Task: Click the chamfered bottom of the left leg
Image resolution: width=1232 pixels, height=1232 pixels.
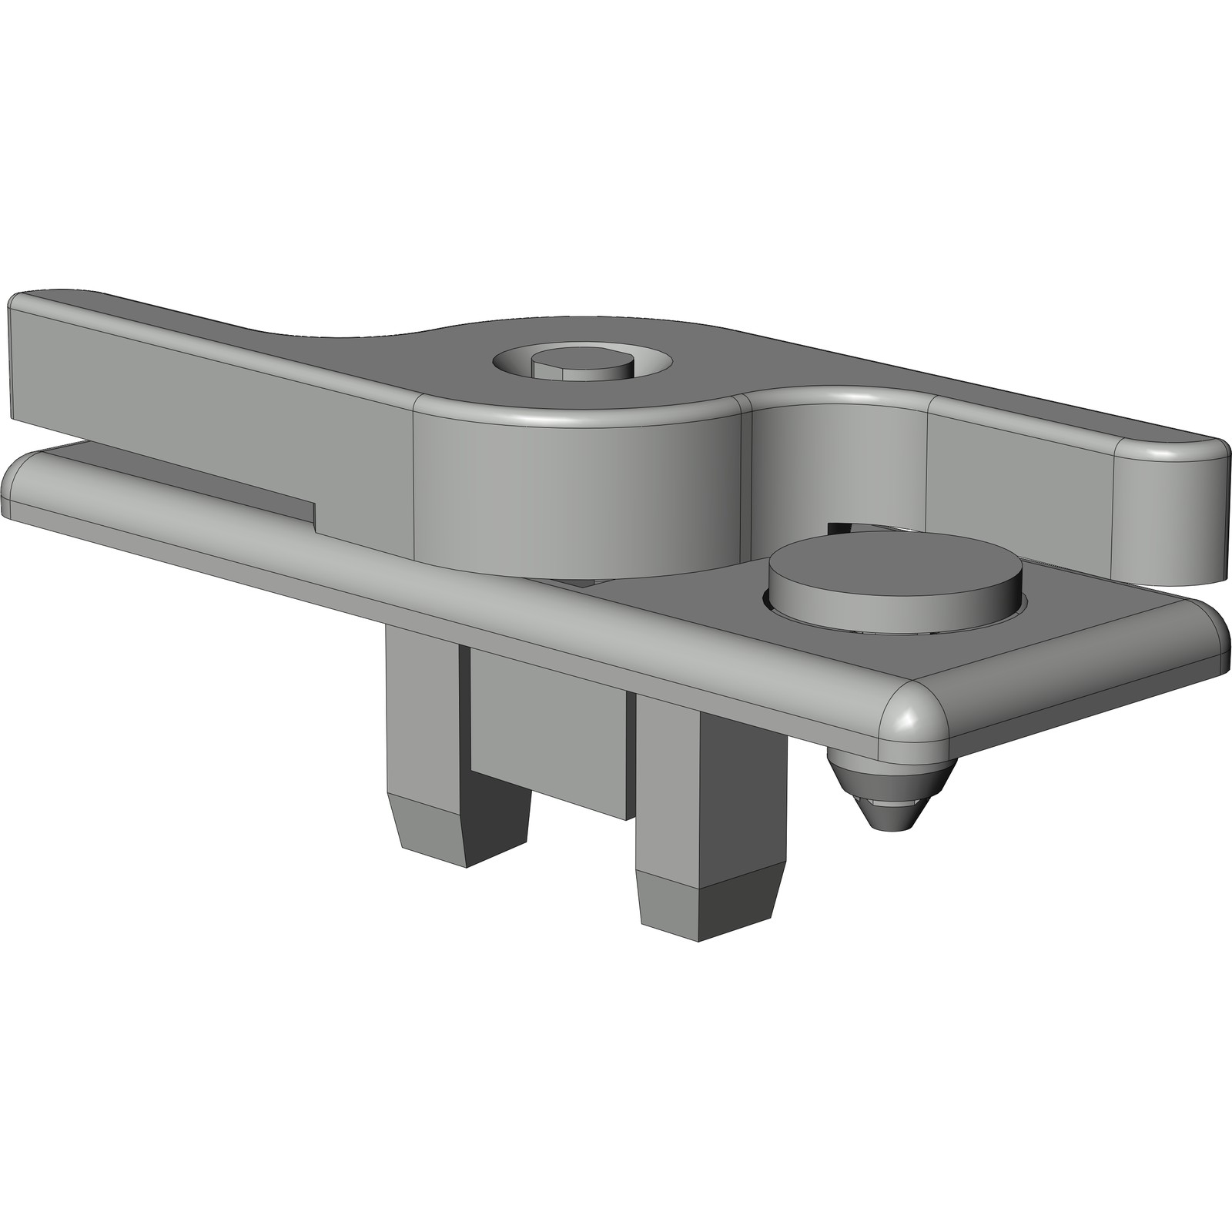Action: click(x=431, y=832)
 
